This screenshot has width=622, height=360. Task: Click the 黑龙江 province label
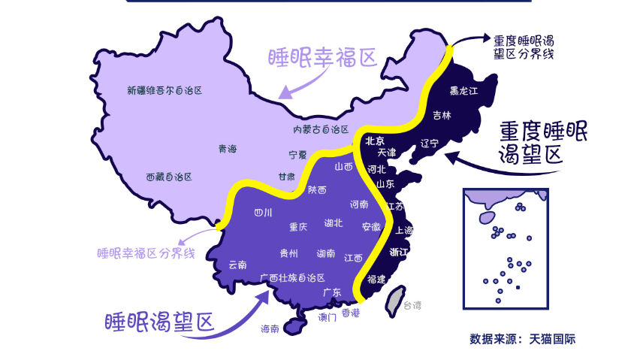coord(463,92)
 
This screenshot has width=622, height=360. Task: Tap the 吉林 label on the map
coord(442,116)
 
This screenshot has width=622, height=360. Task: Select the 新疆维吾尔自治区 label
coord(165,91)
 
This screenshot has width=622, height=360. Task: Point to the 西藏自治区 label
coord(169,177)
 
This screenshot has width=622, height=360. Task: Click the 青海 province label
coord(228,149)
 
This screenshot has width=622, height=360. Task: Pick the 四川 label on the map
coord(264,212)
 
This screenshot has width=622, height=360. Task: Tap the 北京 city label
coord(375,141)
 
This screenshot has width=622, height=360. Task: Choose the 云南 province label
coord(237,265)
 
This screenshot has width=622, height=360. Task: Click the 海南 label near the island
coord(270,328)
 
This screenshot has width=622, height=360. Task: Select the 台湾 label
coord(412,305)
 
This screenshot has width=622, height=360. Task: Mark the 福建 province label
coord(376,279)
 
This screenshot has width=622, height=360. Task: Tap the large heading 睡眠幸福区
coord(322,59)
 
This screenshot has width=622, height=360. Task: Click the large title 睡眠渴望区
coord(159,322)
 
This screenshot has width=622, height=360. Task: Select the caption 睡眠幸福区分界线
coord(146,253)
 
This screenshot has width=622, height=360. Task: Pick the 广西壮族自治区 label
coord(292,277)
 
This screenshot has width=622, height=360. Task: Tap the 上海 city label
coord(403,230)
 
